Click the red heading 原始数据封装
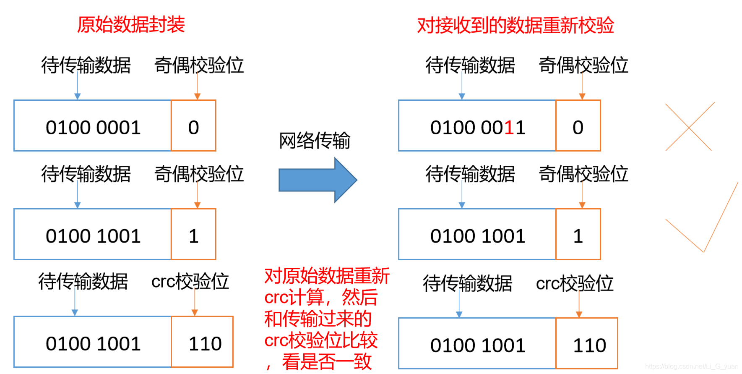(x=131, y=25)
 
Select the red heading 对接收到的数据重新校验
(x=515, y=26)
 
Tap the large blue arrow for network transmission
(x=317, y=180)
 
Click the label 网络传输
(x=314, y=141)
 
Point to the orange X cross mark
(x=689, y=127)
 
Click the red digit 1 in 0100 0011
(x=509, y=128)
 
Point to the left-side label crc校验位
(x=190, y=282)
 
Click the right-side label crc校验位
(x=575, y=283)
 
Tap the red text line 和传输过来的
(x=318, y=319)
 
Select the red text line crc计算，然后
(x=321, y=298)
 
